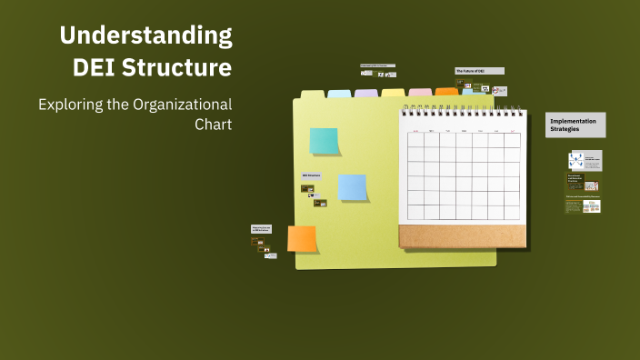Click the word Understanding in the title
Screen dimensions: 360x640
click(x=146, y=36)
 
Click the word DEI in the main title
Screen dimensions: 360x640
click(x=97, y=67)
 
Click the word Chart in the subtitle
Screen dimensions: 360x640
click(x=214, y=124)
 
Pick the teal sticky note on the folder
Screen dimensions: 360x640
click(x=324, y=141)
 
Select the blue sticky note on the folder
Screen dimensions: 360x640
click(x=352, y=186)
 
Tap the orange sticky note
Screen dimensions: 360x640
click(x=302, y=238)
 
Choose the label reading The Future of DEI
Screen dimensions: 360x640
click(x=479, y=70)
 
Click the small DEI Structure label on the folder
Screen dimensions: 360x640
click(x=312, y=175)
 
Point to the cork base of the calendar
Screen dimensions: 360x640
click(x=463, y=236)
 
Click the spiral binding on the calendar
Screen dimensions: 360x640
click(x=463, y=112)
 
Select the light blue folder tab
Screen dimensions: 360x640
click(x=339, y=93)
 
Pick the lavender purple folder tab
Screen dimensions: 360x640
click(x=366, y=93)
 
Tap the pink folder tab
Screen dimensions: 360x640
click(x=420, y=92)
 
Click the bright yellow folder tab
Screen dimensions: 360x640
click(x=393, y=92)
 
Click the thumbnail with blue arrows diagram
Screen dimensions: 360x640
click(x=576, y=159)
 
